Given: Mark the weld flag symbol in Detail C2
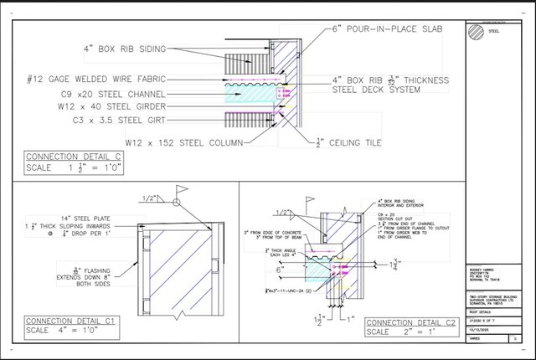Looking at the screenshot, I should [309, 202].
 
